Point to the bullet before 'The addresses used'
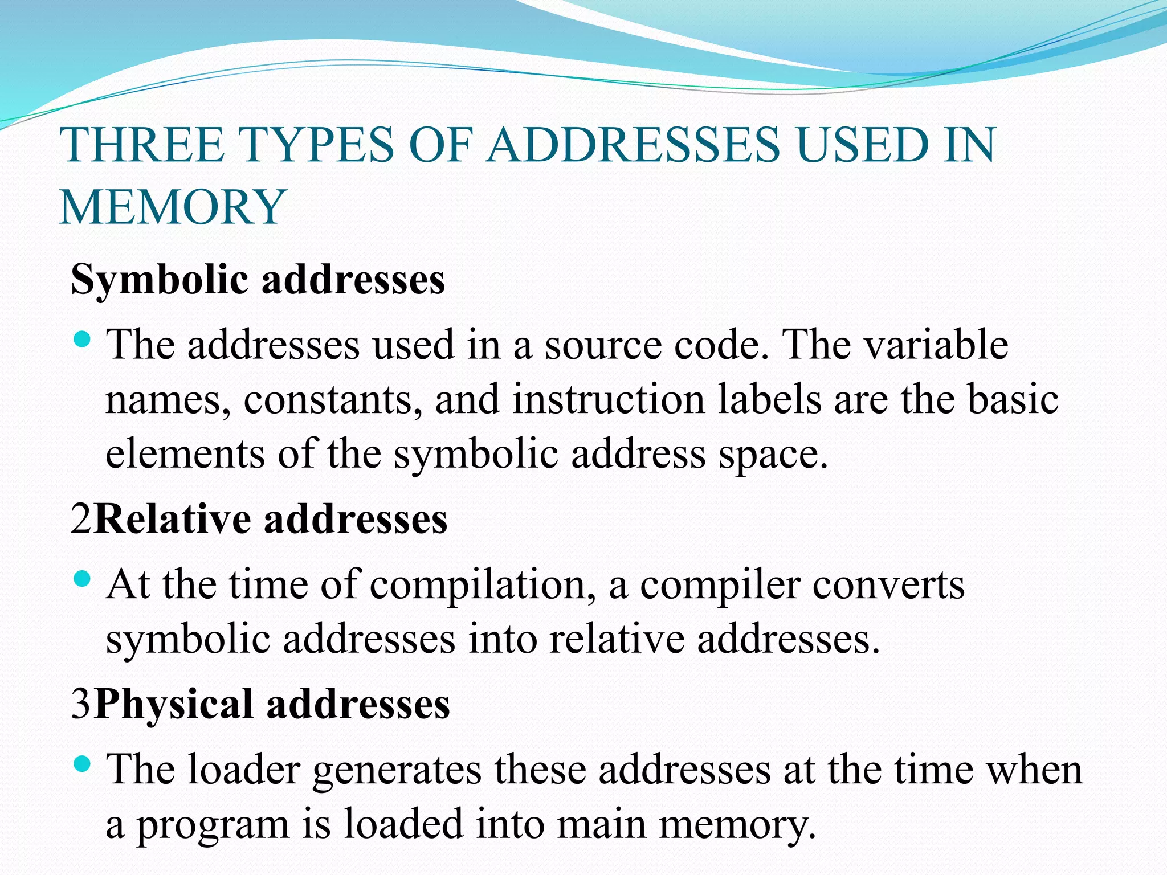pos(83,340)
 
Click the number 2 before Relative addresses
pos(81,519)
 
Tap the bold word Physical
pos(174,705)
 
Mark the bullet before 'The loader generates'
pos(83,764)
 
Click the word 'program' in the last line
pos(213,825)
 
